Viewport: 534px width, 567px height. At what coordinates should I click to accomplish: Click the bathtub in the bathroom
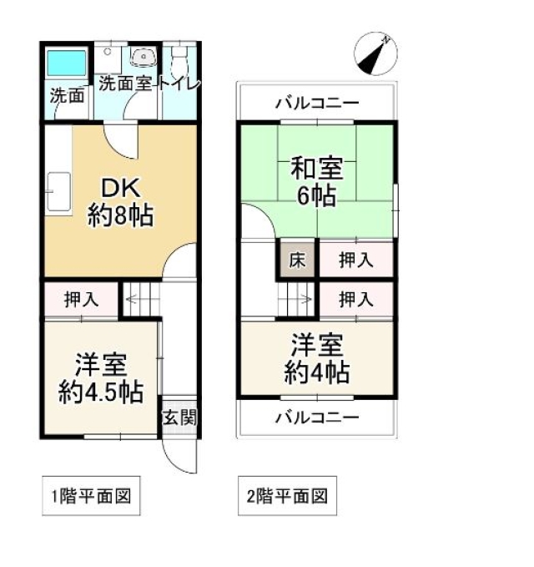[67, 63]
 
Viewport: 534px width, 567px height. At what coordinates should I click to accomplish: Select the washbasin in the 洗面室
[144, 58]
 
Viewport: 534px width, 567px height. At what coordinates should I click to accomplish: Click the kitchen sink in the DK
[58, 192]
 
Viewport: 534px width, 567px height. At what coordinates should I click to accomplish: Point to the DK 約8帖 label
[121, 202]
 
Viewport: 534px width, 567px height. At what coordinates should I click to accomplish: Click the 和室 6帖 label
[317, 181]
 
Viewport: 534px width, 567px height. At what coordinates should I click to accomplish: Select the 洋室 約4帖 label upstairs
[317, 359]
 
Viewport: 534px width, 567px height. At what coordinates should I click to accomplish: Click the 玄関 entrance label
[179, 418]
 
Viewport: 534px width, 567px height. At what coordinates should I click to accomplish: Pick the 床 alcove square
[297, 259]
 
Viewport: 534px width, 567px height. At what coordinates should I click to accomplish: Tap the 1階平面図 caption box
[91, 495]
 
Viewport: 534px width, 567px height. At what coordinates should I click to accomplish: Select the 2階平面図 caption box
[287, 495]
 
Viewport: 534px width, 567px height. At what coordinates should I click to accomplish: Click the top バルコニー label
[317, 103]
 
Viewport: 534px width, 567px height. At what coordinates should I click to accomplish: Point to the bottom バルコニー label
[317, 418]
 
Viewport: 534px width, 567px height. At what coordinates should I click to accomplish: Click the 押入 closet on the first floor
[81, 300]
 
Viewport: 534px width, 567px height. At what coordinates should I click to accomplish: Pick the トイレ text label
[179, 84]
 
